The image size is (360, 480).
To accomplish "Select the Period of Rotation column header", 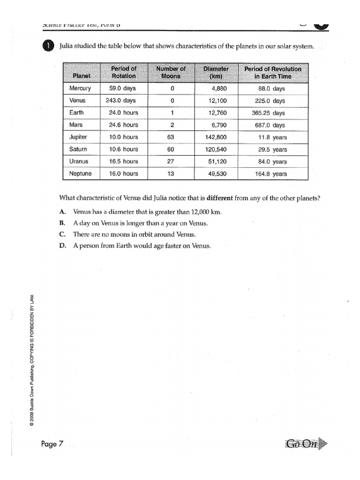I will pos(123,72).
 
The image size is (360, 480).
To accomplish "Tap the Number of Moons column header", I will pos(171,72).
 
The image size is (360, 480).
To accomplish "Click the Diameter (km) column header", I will pos(216,72).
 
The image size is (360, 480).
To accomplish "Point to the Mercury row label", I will pos(80,89).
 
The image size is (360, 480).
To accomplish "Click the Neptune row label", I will pos(81,174).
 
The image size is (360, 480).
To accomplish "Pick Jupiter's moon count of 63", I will pos(171,137).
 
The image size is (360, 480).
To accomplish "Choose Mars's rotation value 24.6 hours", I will pos(123,125).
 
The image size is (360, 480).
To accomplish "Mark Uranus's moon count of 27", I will pos(171,162).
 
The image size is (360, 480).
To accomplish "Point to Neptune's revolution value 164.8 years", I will pos(272,174).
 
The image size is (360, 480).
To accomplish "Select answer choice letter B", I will pos(62,224).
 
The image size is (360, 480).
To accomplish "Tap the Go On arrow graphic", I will pos(305,443).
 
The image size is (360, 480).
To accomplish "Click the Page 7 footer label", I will pos(52,444).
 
